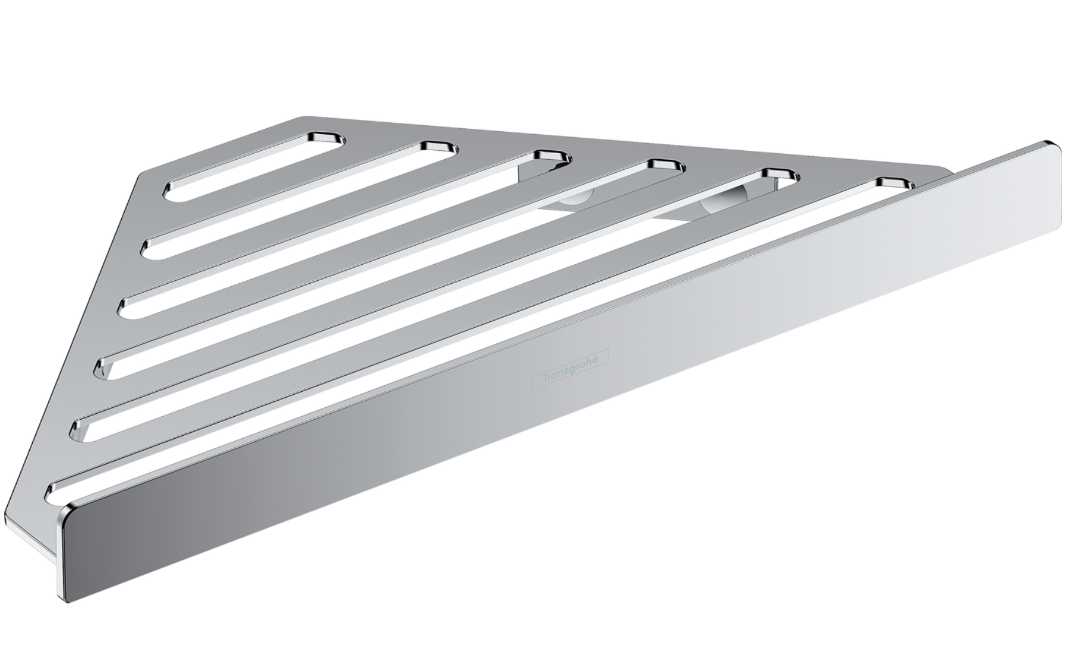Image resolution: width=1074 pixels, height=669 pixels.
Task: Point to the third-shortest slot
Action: [x=345, y=233]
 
